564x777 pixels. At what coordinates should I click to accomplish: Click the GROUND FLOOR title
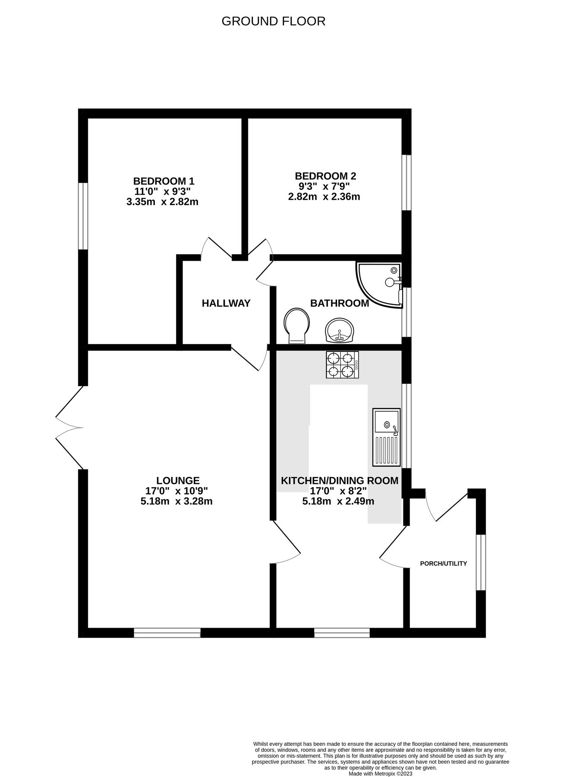(x=273, y=21)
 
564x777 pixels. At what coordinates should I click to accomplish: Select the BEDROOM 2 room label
(x=325, y=176)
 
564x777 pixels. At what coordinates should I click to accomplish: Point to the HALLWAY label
(x=226, y=303)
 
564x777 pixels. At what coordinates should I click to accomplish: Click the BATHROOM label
(x=340, y=303)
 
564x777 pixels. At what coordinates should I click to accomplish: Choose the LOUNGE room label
(x=178, y=480)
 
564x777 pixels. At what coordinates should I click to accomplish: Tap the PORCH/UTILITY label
(x=444, y=564)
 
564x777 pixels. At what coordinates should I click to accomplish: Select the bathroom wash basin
(x=339, y=331)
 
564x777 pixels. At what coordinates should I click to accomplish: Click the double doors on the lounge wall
(x=69, y=427)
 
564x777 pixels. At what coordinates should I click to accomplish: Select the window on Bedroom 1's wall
(x=83, y=216)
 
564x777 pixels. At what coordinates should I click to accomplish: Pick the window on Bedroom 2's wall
(x=406, y=183)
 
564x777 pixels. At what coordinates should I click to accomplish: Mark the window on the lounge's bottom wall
(x=167, y=633)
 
